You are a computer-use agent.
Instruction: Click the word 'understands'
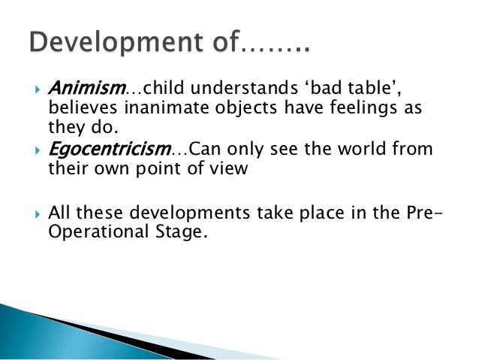[x=220, y=91]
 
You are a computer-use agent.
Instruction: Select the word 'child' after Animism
[x=146, y=91]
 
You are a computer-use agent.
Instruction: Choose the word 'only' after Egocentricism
[x=248, y=149]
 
